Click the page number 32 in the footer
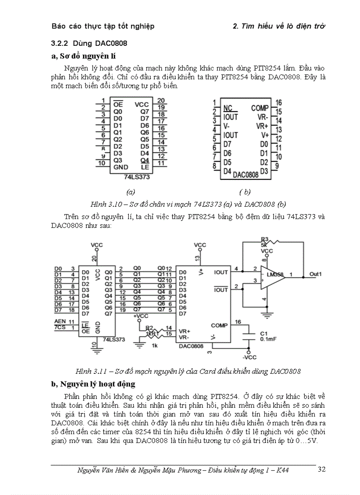[322, 469]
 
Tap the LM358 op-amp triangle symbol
[270, 277]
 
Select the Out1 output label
[315, 274]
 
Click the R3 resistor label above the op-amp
[264, 239]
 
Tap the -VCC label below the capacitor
[249, 357]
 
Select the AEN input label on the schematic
[59, 322]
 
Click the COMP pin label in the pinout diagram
[260, 108]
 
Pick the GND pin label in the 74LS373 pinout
[120, 167]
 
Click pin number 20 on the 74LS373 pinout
[161, 100]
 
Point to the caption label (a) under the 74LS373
[130, 192]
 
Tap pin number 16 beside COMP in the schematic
[238, 322]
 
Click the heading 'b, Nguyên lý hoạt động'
[93, 384]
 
